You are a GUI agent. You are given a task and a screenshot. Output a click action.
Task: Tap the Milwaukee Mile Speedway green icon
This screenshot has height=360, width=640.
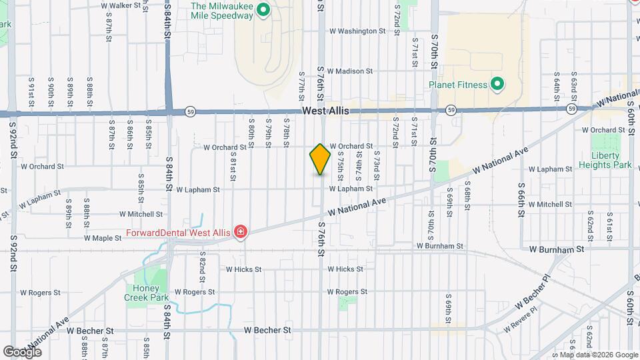click(263, 10)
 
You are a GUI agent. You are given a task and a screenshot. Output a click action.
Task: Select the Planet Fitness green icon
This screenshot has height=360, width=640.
click(497, 85)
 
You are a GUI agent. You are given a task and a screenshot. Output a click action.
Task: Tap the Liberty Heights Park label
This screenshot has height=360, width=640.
click(611, 160)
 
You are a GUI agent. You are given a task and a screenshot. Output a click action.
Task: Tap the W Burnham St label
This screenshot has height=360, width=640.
click(557, 249)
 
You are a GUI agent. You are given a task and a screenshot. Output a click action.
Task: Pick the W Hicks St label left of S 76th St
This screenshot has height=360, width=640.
click(243, 269)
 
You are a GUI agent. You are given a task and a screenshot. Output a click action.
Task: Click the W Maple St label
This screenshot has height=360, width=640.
click(102, 237)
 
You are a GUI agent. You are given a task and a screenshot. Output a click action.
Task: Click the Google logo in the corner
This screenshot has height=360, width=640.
click(23, 351)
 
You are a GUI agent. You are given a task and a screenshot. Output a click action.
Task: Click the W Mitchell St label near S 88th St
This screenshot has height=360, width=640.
click(141, 215)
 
